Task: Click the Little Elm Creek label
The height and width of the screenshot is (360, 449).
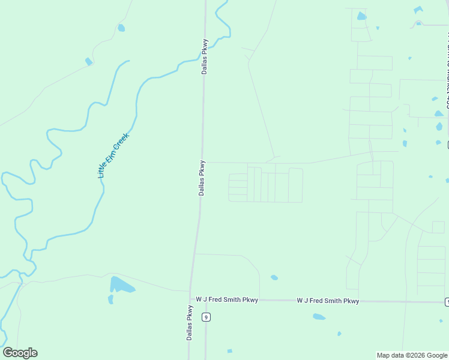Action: point(113,155)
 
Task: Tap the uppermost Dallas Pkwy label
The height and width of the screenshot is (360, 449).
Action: point(204,56)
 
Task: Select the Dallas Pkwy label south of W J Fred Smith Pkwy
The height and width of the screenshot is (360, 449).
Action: point(189,323)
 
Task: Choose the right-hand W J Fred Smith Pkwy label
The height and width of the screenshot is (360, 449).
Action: point(328,301)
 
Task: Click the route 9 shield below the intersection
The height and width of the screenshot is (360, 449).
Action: point(206,317)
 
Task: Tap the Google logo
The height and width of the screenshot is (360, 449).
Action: point(20,353)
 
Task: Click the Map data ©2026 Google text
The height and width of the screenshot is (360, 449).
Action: point(412,355)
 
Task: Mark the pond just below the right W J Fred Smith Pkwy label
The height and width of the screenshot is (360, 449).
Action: point(319,316)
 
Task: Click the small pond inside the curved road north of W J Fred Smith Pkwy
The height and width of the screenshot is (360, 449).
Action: point(274,277)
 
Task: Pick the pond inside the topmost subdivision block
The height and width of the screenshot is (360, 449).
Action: point(361,16)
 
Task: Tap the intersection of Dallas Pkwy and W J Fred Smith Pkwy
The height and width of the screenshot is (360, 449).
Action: point(192,298)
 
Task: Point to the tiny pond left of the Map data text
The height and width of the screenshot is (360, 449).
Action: point(339,334)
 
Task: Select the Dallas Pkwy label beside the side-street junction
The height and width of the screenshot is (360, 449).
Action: point(202,178)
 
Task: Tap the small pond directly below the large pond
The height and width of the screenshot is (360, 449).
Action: point(110,299)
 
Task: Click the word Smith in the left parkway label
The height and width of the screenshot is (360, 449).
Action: point(234,299)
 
